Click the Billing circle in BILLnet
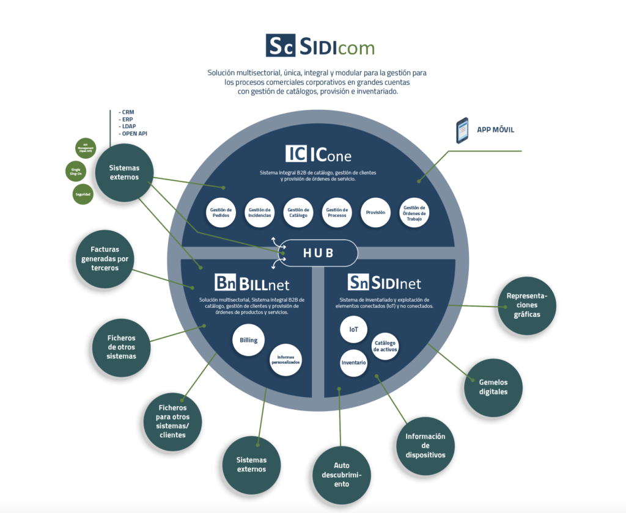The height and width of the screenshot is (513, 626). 248,340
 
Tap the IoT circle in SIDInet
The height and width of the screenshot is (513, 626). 354,330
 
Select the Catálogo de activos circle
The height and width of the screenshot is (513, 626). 386,346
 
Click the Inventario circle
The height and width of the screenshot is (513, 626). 354,363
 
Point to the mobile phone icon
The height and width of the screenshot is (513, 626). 462,130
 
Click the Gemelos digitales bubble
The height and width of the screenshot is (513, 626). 493,387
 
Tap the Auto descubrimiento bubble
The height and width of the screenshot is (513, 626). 342,475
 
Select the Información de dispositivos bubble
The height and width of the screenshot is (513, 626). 425,446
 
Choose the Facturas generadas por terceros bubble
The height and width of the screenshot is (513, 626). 104,258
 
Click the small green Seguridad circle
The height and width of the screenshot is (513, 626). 83,194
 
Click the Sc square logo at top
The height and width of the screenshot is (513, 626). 281,45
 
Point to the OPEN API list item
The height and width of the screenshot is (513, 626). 134,134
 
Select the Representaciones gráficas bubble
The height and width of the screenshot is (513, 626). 526,305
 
